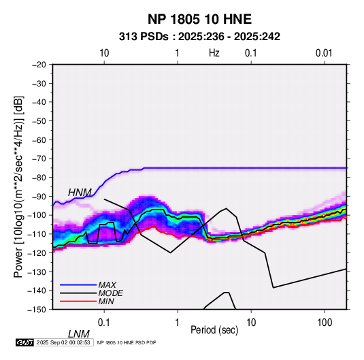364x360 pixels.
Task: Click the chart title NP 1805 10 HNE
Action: (x=199, y=19)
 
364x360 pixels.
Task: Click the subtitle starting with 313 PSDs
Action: (x=199, y=37)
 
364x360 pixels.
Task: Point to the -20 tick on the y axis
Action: (x=39, y=65)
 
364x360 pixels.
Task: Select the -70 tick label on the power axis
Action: (x=39, y=159)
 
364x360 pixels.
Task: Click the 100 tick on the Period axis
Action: (x=325, y=323)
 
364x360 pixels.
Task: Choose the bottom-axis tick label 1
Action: (x=178, y=323)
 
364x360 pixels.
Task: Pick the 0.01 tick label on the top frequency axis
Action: (x=324, y=53)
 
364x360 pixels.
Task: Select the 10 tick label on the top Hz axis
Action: (x=104, y=53)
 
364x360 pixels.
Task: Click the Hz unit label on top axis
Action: (x=214, y=53)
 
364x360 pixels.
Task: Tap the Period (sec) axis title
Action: (x=214, y=330)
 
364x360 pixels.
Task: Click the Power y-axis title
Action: (x=18, y=186)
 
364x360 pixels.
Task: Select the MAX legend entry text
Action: (x=107, y=285)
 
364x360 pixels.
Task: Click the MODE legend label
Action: (x=110, y=293)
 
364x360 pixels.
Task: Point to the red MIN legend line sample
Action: (x=78, y=301)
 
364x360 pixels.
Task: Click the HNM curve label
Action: (x=80, y=193)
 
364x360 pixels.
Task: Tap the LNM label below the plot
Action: (x=79, y=334)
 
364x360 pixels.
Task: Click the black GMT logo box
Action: (x=25, y=342)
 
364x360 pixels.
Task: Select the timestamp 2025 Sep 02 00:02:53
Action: (x=63, y=342)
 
